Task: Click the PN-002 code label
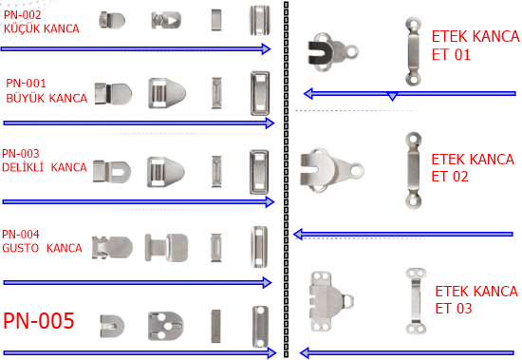pyautogui.click(x=23, y=15)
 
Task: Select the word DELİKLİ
pyautogui.click(x=23, y=167)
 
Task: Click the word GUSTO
pyautogui.click(x=21, y=248)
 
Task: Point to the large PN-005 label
pyautogui.click(x=39, y=321)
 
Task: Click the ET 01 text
pyautogui.click(x=451, y=55)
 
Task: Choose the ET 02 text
pyautogui.click(x=450, y=177)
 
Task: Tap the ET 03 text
pyautogui.click(x=454, y=309)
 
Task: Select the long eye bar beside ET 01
pyautogui.click(x=413, y=51)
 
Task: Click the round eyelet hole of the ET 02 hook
pyautogui.click(x=357, y=170)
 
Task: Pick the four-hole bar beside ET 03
pyautogui.click(x=416, y=301)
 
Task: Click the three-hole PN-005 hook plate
pyautogui.click(x=165, y=326)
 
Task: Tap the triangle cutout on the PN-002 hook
pyautogui.click(x=172, y=21)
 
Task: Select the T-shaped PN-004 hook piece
pyautogui.click(x=166, y=247)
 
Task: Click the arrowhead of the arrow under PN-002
pyautogui.click(x=266, y=49)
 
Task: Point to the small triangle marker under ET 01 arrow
pyautogui.click(x=393, y=97)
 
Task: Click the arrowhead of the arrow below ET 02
pyautogui.click(x=298, y=235)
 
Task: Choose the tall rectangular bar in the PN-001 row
pyautogui.click(x=260, y=93)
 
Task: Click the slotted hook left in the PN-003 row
pyautogui.click(x=112, y=172)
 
